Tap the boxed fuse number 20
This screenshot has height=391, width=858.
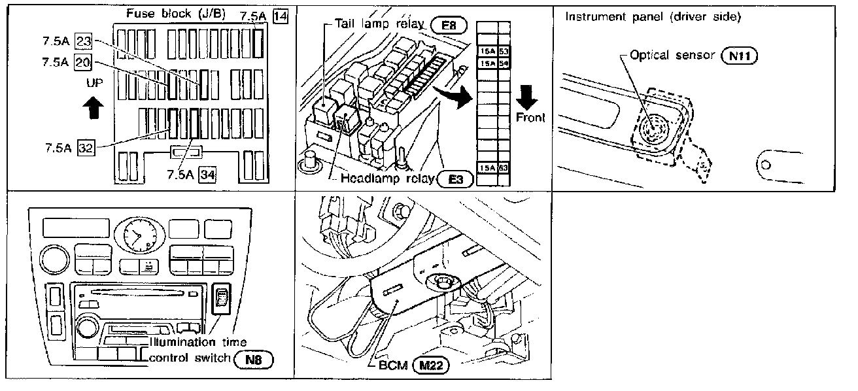click(x=83, y=63)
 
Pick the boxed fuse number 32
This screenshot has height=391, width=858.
click(x=85, y=147)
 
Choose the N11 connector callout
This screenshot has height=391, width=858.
click(x=739, y=56)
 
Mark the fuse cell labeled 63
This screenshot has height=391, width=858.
click(x=504, y=168)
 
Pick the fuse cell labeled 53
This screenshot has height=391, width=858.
click(x=504, y=51)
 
